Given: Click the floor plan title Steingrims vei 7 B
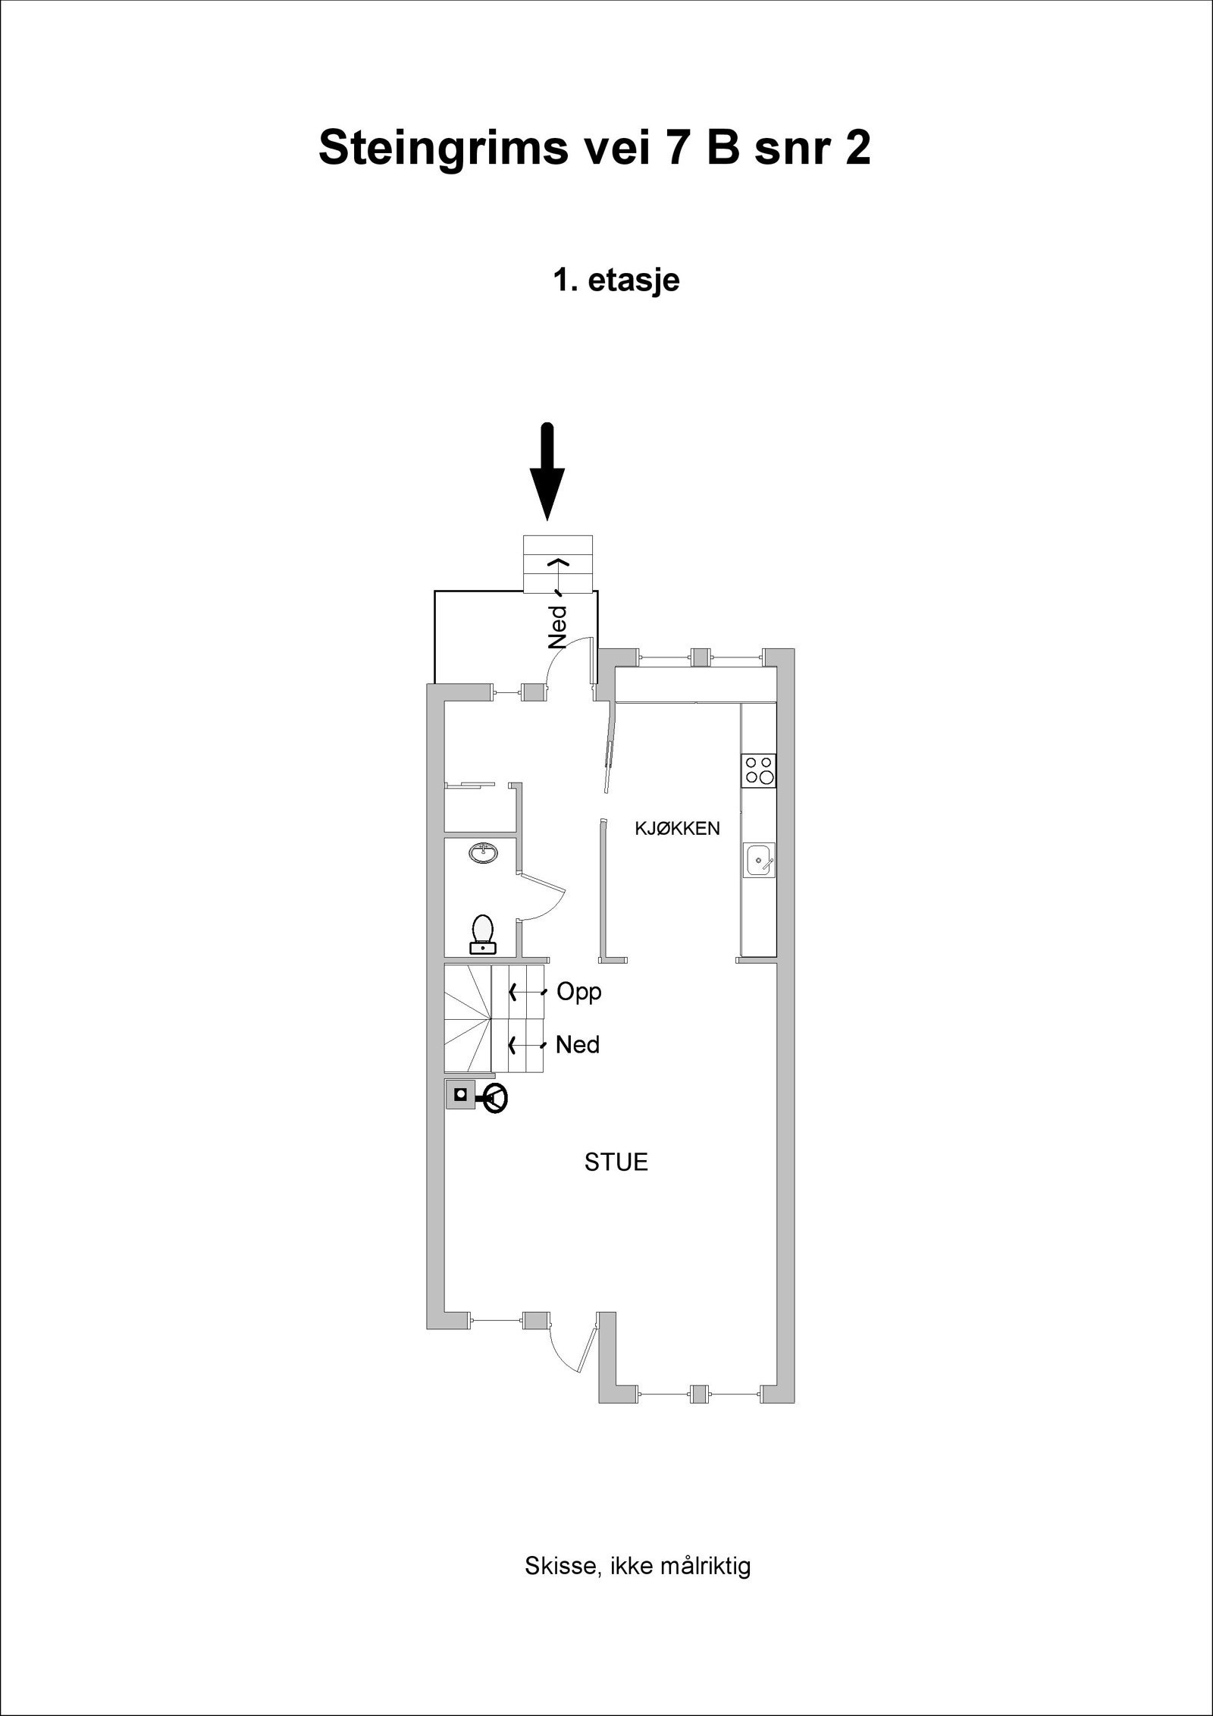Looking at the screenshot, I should pyautogui.click(x=594, y=148).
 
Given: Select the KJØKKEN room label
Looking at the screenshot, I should pyautogui.click(x=677, y=829).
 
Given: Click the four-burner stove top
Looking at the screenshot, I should pyautogui.click(x=759, y=770).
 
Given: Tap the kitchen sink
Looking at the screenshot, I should pyautogui.click(x=759, y=860).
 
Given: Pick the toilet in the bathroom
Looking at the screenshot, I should pyautogui.click(x=483, y=933).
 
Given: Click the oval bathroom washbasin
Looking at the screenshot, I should pyautogui.click(x=483, y=853).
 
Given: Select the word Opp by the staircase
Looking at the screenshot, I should pyautogui.click(x=578, y=992).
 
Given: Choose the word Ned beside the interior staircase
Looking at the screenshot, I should pyautogui.click(x=577, y=1046).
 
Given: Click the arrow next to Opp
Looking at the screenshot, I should pyautogui.click(x=528, y=992).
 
